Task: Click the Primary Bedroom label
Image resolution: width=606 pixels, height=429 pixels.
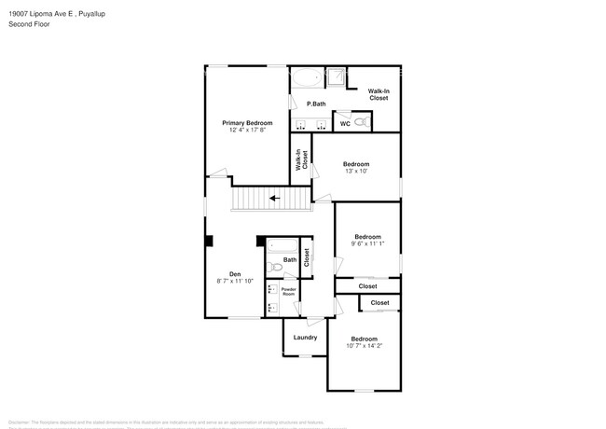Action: (247, 123)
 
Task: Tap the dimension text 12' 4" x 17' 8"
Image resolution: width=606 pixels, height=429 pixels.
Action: (247, 131)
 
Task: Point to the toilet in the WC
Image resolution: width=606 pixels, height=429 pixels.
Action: (364, 122)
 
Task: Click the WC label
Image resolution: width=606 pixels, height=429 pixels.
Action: (344, 123)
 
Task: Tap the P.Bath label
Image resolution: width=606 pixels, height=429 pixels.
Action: (316, 104)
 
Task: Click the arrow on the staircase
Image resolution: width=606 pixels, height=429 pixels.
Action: (274, 198)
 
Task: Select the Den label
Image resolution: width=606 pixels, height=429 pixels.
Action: (235, 274)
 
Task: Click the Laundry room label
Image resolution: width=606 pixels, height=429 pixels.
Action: (305, 338)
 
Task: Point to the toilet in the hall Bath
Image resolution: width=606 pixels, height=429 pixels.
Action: (273, 267)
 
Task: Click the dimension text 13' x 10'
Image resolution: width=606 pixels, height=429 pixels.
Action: (356, 172)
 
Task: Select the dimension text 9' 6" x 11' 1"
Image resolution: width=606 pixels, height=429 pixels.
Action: (367, 244)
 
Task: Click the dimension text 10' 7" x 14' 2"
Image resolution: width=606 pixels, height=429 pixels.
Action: (364, 346)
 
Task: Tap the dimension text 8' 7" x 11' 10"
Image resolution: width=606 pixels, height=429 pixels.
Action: (235, 282)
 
